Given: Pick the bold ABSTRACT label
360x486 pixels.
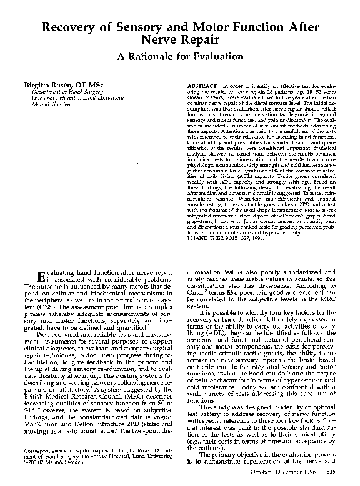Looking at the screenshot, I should tap(202, 84).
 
